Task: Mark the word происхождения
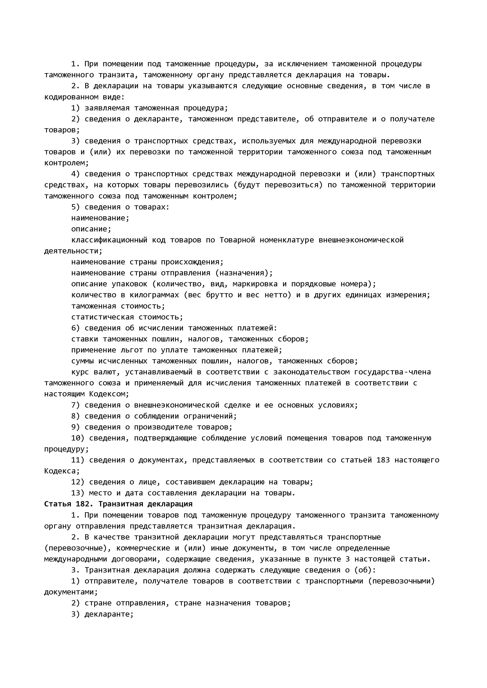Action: pos(192,262)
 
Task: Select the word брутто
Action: pos(219,295)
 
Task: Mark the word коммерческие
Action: pos(143,548)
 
